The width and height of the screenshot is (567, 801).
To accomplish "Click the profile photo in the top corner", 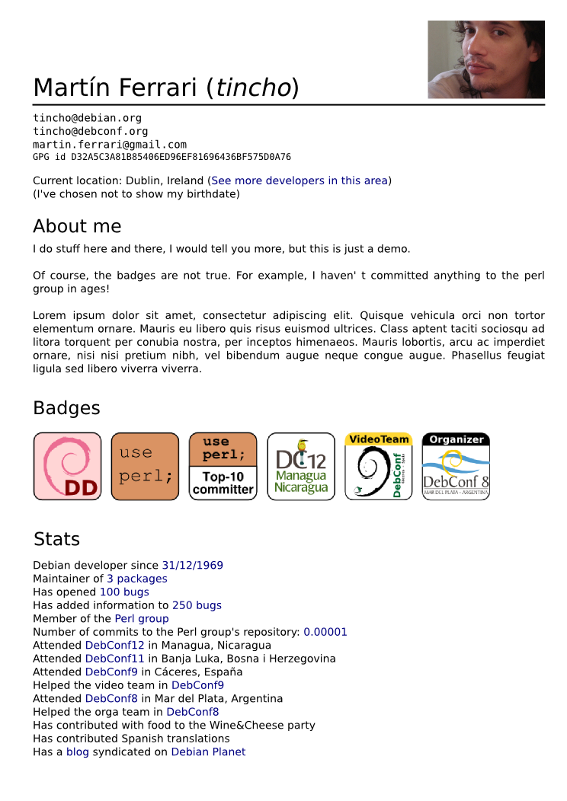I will [485, 59].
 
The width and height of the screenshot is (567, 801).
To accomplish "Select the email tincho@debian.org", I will [87, 118].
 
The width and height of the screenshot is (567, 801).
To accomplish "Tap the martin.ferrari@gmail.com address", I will [109, 144].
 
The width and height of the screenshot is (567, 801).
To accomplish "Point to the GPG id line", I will [162, 157].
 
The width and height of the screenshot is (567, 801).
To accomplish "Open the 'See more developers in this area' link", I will [300, 180].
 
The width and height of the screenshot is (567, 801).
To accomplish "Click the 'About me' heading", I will [77, 226].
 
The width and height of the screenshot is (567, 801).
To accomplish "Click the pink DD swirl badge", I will [67, 466].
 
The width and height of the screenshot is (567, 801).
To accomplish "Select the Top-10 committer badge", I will [223, 466].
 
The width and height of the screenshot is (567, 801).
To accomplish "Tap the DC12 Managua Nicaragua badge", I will [301, 466].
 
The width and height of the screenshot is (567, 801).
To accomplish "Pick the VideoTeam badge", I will [379, 466].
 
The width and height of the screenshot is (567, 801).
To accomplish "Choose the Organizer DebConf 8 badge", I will [456, 466].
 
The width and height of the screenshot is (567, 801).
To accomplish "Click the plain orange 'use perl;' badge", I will [145, 466].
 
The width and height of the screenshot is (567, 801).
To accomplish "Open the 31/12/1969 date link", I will [192, 565].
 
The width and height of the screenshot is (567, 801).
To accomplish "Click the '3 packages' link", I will [136, 579].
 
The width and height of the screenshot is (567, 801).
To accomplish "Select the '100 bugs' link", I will [124, 592].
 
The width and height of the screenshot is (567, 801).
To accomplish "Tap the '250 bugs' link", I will [197, 605].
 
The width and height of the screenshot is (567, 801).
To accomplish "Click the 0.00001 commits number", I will [325, 632].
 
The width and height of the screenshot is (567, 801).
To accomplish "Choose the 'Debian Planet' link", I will [208, 752].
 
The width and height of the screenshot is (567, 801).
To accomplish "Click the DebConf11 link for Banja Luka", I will [114, 659].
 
